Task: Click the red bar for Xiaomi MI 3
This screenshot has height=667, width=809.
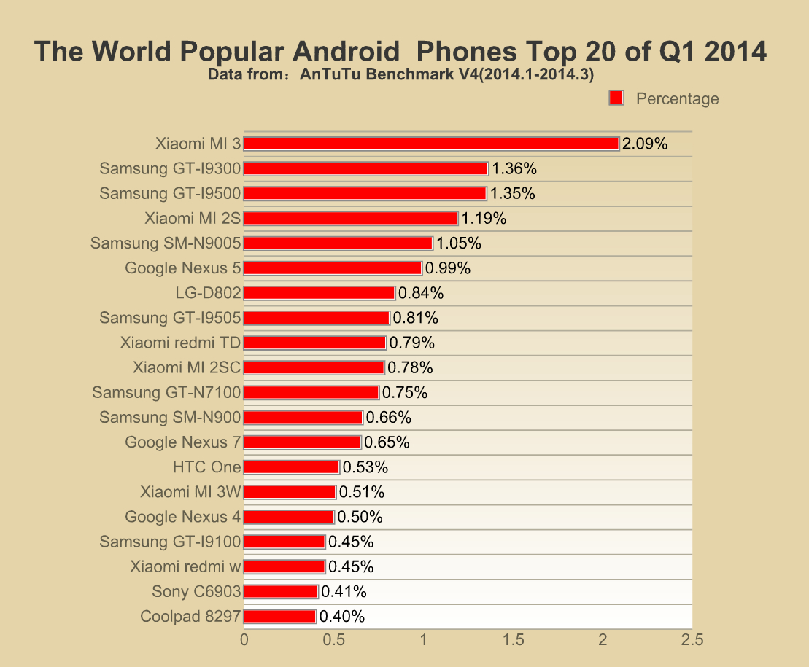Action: coord(430,144)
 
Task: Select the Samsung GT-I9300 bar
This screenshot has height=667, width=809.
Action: coord(365,168)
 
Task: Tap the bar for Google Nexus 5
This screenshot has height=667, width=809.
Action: coord(332,268)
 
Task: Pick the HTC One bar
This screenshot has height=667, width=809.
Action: coord(291,467)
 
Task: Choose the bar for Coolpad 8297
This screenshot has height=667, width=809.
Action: coord(279,617)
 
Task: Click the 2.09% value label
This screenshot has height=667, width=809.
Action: coord(645,144)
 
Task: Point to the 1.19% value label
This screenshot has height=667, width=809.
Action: coord(484,219)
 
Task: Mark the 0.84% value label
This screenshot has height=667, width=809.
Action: coord(421,293)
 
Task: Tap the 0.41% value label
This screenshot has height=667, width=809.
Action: coord(344,592)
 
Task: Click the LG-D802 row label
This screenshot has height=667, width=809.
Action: coord(208,293)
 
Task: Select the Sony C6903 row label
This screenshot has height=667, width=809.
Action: coord(196,592)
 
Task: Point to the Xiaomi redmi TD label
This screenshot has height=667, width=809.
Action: coord(180,343)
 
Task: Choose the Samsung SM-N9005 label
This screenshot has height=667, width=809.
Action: coord(166,243)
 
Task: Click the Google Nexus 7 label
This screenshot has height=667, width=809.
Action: coord(182,442)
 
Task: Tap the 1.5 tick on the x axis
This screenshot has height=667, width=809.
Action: coord(513,640)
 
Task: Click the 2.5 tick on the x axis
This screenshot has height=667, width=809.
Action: coord(692,640)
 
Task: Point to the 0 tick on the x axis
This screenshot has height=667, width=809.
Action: coord(244,640)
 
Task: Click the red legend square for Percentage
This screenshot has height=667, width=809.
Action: coord(616,98)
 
